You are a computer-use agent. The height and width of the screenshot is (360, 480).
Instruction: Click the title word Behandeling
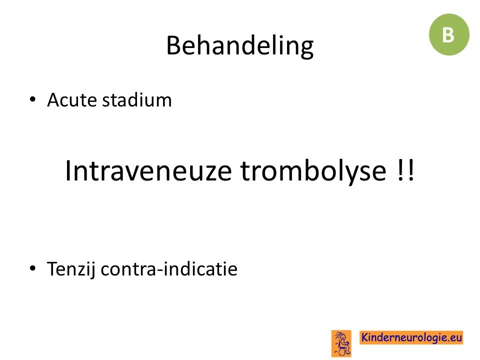click(x=239, y=46)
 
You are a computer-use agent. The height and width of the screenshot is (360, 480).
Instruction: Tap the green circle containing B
click(x=449, y=34)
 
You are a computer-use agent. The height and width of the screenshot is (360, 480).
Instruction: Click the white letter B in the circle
click(x=448, y=35)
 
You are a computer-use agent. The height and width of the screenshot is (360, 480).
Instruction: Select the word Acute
click(x=72, y=100)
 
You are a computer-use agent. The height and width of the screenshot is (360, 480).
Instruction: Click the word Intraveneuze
click(x=148, y=170)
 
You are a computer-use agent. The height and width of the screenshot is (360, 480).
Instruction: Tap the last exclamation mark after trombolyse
click(x=411, y=170)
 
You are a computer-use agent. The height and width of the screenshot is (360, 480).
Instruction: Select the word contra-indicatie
click(x=169, y=269)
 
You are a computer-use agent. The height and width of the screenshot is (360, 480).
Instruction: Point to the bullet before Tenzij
click(x=32, y=268)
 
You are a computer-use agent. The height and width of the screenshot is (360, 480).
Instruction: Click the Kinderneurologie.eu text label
click(x=411, y=337)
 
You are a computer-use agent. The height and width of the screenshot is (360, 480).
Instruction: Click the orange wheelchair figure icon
click(x=341, y=343)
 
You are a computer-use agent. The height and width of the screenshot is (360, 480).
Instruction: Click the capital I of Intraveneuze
click(x=68, y=170)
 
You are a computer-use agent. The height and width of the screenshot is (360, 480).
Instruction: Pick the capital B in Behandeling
click(x=173, y=45)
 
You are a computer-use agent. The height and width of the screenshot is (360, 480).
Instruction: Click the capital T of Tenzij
click(x=52, y=269)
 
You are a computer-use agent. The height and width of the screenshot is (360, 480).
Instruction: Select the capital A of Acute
click(x=54, y=100)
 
